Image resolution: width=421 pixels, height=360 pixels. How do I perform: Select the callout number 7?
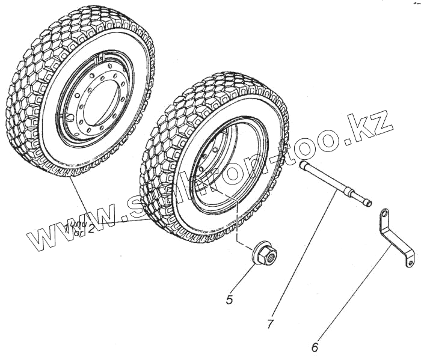271,325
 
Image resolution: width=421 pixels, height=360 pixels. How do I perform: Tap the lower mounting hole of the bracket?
410,262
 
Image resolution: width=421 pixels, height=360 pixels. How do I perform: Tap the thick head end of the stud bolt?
304,164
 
